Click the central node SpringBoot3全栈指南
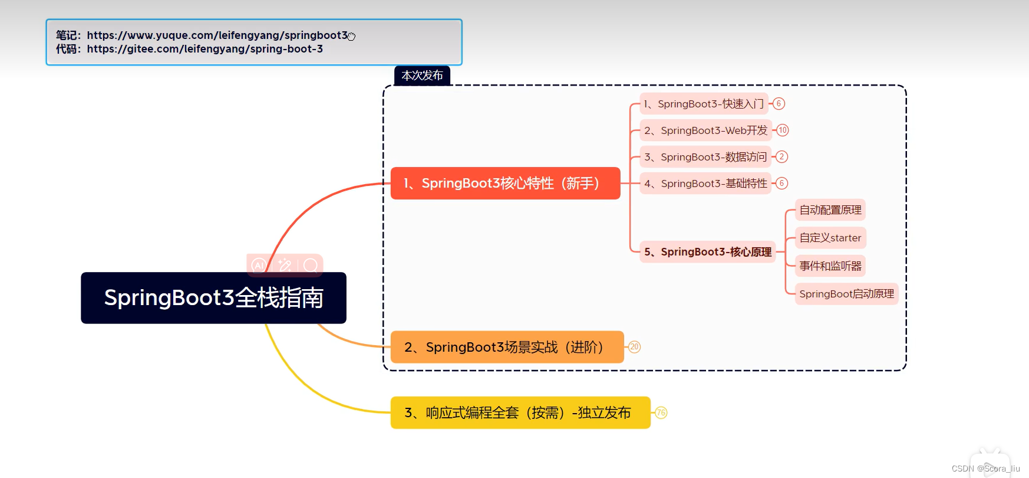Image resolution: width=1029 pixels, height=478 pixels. pyautogui.click(x=213, y=298)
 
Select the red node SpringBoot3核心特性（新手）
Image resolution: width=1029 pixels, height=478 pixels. pyautogui.click(x=505, y=184)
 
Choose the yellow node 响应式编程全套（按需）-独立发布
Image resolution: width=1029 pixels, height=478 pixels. pyautogui.click(x=520, y=412)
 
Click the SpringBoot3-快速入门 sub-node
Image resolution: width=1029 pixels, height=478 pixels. pyautogui.click(x=704, y=104)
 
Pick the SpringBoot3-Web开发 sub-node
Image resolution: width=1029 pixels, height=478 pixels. pyautogui.click(x=705, y=130)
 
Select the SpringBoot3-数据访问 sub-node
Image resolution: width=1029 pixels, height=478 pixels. pyautogui.click(x=705, y=157)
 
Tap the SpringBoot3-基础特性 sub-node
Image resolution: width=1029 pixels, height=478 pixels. pyautogui.click(x=705, y=184)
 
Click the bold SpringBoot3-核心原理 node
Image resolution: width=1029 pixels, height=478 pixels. pyautogui.click(x=708, y=252)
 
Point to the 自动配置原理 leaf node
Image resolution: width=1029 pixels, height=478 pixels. pyautogui.click(x=830, y=210)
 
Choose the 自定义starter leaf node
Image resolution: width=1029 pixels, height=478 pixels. pyautogui.click(x=830, y=238)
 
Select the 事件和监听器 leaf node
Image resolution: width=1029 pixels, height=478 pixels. pyautogui.click(x=830, y=266)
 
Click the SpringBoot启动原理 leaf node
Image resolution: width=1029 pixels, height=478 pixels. pyautogui.click(x=846, y=294)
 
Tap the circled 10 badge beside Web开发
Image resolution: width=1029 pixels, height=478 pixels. pyautogui.click(x=783, y=130)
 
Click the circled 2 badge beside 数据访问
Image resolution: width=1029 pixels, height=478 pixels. pyautogui.click(x=781, y=157)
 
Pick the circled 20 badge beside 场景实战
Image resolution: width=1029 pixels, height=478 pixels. pyautogui.click(x=634, y=347)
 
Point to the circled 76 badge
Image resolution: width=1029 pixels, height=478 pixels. pyautogui.click(x=661, y=412)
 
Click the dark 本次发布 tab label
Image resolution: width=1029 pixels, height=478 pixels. pyautogui.click(x=422, y=76)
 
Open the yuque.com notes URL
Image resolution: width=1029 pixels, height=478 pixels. pyautogui.click(x=217, y=35)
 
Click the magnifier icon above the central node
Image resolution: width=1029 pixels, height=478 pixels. pyautogui.click(x=311, y=266)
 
